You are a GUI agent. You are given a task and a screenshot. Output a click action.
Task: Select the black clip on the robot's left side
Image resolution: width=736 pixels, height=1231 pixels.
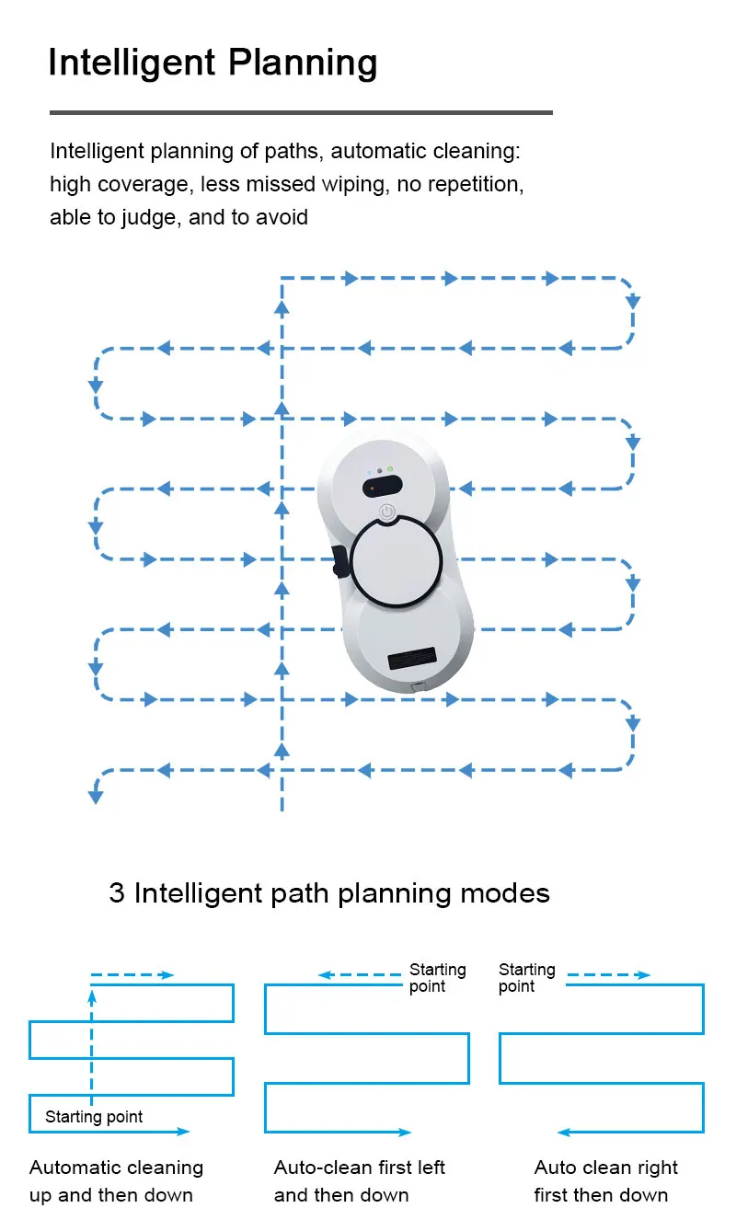[339, 561]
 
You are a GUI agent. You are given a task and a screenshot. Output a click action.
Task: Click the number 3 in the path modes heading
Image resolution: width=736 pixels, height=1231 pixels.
[117, 892]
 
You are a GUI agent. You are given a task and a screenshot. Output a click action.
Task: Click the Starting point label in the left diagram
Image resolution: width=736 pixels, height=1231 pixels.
[94, 1117]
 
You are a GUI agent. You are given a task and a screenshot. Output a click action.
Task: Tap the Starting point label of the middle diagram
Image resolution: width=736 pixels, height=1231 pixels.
[437, 978]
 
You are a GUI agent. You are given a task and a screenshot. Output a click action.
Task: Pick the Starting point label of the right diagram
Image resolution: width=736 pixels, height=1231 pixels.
[526, 978]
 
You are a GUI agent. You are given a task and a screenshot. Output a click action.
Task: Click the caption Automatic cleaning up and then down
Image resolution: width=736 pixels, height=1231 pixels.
[116, 1181]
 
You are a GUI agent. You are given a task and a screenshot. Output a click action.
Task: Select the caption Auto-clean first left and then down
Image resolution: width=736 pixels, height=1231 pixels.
[359, 1181]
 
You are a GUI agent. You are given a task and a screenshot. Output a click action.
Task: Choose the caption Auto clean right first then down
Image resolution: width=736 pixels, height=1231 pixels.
[605, 1181]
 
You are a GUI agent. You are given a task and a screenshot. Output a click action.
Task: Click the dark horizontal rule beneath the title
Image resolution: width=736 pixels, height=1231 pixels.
[301, 112]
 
